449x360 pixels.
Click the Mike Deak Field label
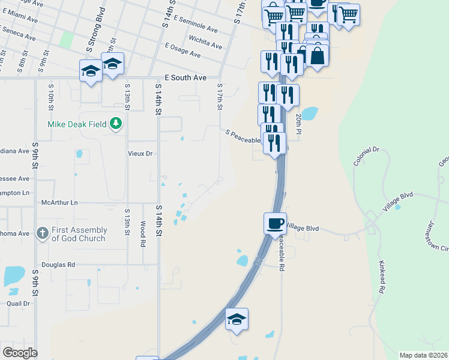pyautogui.click(x=77, y=125)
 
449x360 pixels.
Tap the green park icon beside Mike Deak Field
pyautogui.click(x=116, y=124)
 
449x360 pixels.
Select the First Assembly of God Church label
pyautogui.click(x=79, y=234)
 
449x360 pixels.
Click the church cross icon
pyautogui.click(x=43, y=233)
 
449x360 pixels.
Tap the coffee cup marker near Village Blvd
pyautogui.click(x=275, y=223)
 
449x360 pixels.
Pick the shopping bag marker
pyautogui.click(x=317, y=56)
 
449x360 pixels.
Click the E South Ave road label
pyautogui.click(x=185, y=78)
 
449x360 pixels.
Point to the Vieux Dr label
pyautogui.click(x=140, y=154)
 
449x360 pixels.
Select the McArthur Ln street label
pyautogui.click(x=59, y=203)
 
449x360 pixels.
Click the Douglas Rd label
pyautogui.click(x=58, y=264)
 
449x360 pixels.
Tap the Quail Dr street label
pyautogui.click(x=18, y=304)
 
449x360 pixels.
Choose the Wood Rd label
pyautogui.click(x=142, y=234)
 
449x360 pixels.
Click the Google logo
pyautogui.click(x=20, y=353)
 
